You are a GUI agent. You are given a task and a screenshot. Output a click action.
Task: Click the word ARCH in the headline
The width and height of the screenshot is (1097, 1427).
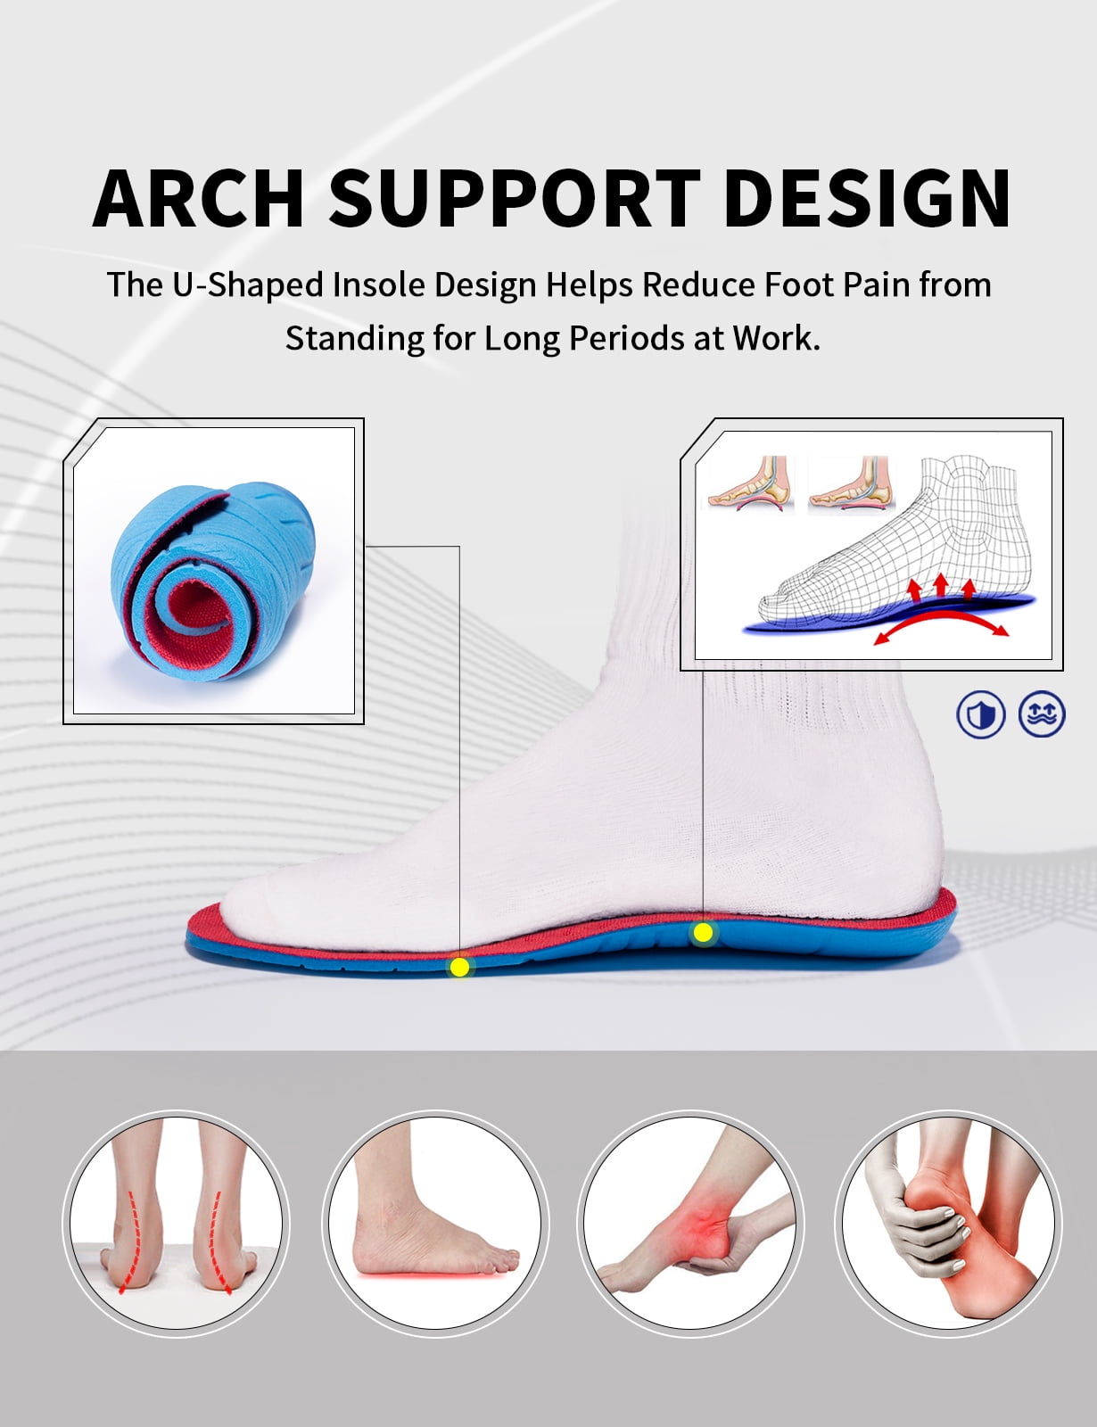198,198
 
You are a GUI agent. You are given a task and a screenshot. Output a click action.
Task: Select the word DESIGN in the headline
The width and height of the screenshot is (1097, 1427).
867,198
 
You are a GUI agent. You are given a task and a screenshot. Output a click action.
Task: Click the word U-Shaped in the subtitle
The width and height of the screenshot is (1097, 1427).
248,286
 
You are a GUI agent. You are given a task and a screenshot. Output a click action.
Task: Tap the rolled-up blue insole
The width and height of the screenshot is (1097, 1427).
212,582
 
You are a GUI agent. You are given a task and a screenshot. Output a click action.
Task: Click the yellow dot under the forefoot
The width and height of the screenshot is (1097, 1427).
459,968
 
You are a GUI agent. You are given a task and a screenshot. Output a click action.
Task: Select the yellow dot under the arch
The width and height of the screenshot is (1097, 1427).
703,932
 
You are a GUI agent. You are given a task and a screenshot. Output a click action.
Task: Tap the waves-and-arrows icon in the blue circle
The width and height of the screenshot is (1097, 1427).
1042,713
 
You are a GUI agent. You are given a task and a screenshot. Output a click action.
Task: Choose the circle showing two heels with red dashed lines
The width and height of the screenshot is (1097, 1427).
176,1224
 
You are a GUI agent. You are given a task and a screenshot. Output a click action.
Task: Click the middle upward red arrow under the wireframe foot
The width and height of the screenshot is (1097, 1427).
942,584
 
